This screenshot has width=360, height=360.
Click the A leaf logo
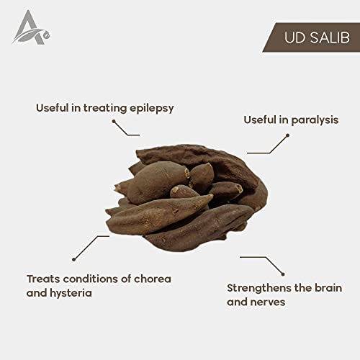31,28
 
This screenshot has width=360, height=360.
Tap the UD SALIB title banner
311,37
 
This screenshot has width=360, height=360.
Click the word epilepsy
152,109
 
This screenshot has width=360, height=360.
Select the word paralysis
315,120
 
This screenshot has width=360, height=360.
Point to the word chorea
153,279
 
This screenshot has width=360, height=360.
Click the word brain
328,288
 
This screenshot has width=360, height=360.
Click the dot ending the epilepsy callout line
114,122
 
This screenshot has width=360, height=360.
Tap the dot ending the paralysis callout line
287,135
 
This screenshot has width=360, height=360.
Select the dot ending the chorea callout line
74,259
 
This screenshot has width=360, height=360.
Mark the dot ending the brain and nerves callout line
283,274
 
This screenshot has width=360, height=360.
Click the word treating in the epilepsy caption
105,108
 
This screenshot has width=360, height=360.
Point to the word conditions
91,279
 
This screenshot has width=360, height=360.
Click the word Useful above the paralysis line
260,120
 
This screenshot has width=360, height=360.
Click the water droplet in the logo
47,35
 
